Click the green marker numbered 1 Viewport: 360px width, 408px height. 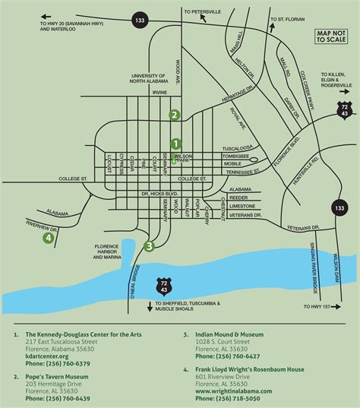coord(175,143)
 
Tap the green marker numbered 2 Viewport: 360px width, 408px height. coord(174,115)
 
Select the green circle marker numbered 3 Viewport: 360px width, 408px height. coord(149,245)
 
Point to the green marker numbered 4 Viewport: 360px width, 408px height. coord(49,238)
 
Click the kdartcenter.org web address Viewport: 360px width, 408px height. coord(46,356)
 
